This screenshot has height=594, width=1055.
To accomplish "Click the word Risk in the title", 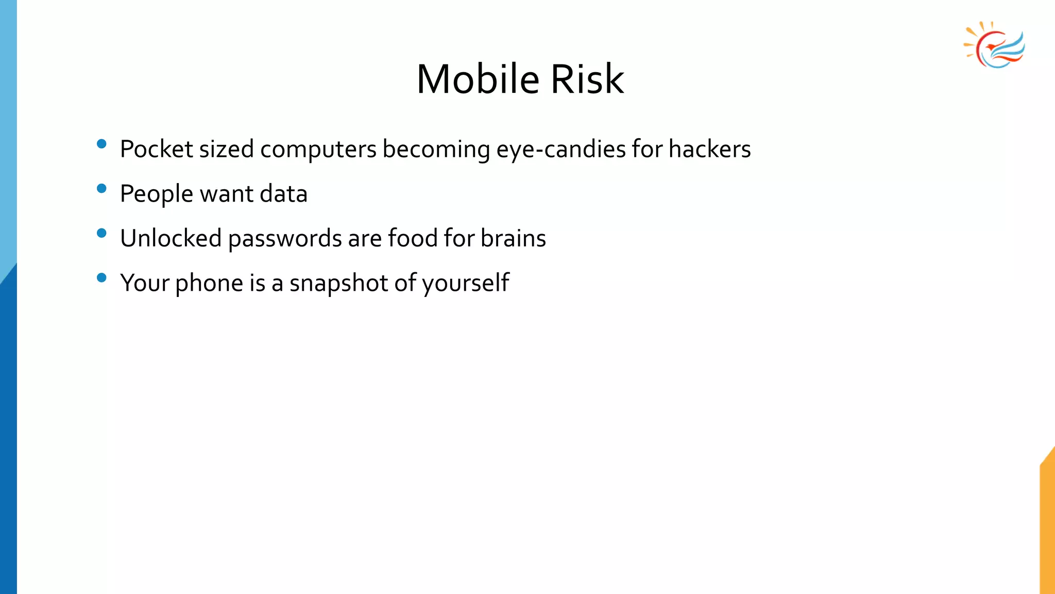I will pyautogui.click(x=587, y=79).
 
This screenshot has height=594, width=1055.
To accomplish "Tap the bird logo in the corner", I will pyautogui.click(x=995, y=45).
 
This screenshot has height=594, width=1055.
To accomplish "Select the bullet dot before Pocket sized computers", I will pyautogui.click(x=101, y=144).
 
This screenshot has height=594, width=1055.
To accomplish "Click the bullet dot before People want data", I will pyautogui.click(x=101, y=189).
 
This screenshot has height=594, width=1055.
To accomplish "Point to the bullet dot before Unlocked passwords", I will pyautogui.click(x=101, y=233).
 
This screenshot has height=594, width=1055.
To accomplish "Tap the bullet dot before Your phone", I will pyautogui.click(x=101, y=278).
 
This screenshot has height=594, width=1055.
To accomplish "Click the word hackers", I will pyautogui.click(x=709, y=149).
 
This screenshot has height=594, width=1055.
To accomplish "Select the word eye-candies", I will pyautogui.click(x=560, y=149).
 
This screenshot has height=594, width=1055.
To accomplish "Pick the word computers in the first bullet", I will pyautogui.click(x=318, y=149).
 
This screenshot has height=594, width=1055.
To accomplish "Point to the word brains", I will pyautogui.click(x=513, y=238).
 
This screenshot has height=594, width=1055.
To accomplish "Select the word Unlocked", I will pyautogui.click(x=171, y=238).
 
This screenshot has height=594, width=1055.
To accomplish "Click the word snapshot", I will pyautogui.click(x=338, y=283).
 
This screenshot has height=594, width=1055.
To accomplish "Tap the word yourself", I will pyautogui.click(x=466, y=283).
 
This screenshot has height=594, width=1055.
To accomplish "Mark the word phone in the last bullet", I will pyautogui.click(x=209, y=283).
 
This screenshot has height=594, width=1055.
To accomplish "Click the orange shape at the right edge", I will pyautogui.click(x=1048, y=526).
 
